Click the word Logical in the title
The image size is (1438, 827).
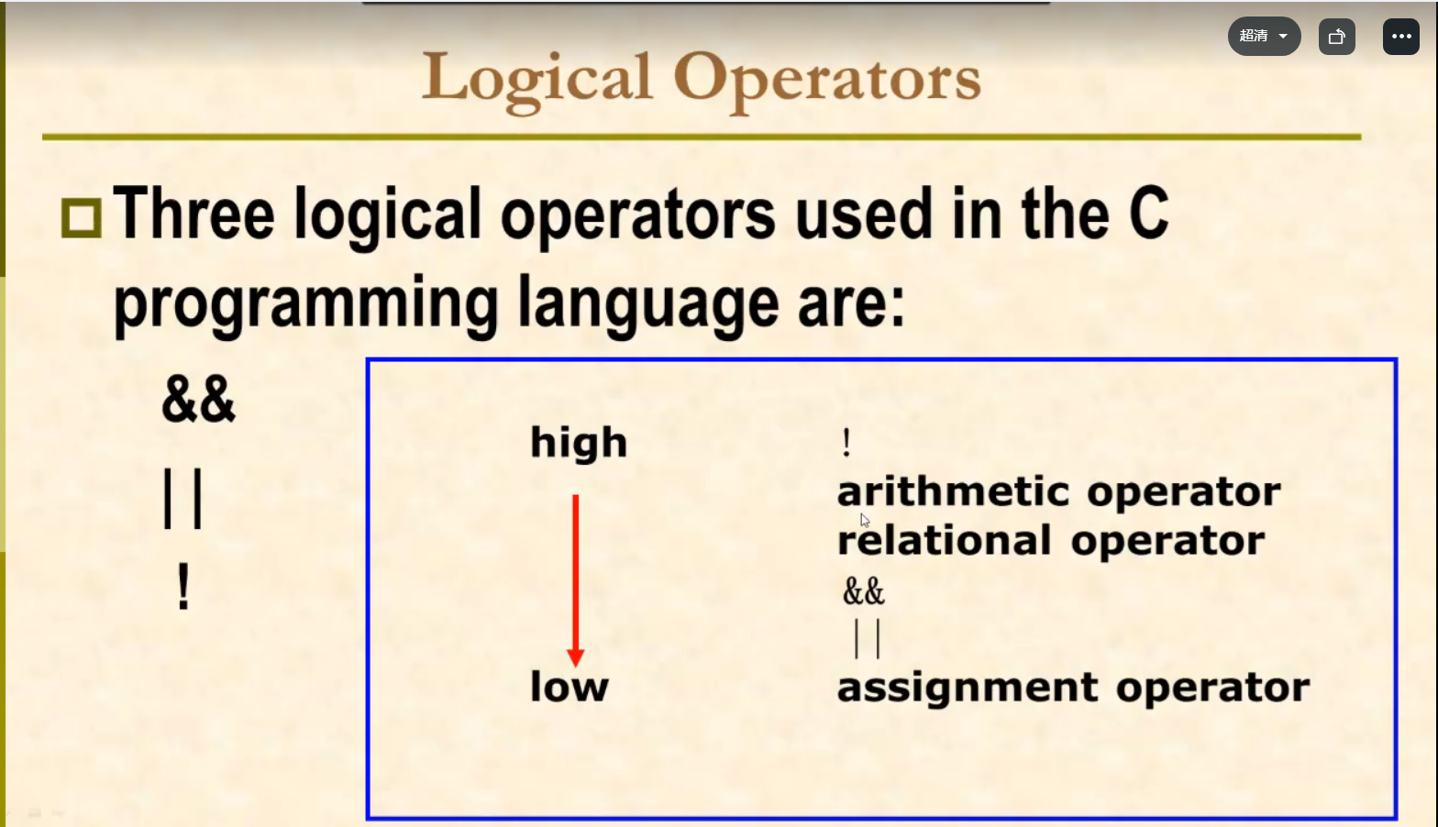pyautogui.click(x=537, y=81)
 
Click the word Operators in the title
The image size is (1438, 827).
pyautogui.click(x=827, y=81)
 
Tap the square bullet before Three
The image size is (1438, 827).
pyautogui.click(x=81, y=218)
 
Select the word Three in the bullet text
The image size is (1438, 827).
pyautogui.click(x=194, y=213)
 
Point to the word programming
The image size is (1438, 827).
pyautogui.click(x=305, y=304)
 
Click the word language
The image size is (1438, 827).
pyautogui.click(x=648, y=304)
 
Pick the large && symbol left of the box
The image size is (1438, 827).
pyautogui.click(x=198, y=399)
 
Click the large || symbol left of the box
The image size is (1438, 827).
pyautogui.click(x=183, y=499)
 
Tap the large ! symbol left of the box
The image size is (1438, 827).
pyautogui.click(x=183, y=586)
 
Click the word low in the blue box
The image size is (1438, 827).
pyautogui.click(x=570, y=686)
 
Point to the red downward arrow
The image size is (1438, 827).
pyautogui.click(x=576, y=580)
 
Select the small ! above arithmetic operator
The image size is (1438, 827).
pyautogui.click(x=846, y=443)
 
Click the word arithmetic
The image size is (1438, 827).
pyautogui.click(x=954, y=492)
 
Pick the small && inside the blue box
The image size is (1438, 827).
pyautogui.click(x=864, y=590)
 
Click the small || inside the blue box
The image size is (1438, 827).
pyautogui.click(x=868, y=638)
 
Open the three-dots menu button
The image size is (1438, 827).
pyautogui.click(x=1400, y=37)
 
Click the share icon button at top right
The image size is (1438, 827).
pyautogui.click(x=1336, y=37)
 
